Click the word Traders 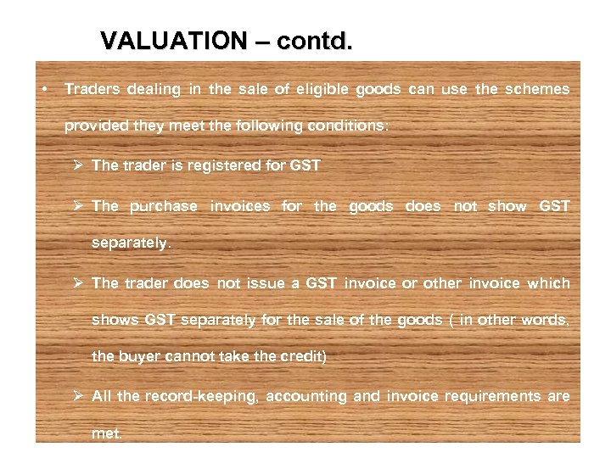(92, 89)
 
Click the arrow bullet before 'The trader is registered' (80, 166)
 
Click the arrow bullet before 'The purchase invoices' (80, 206)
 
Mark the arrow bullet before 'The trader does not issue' (80, 283)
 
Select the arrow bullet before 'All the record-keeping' (80, 396)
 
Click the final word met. (107, 433)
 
